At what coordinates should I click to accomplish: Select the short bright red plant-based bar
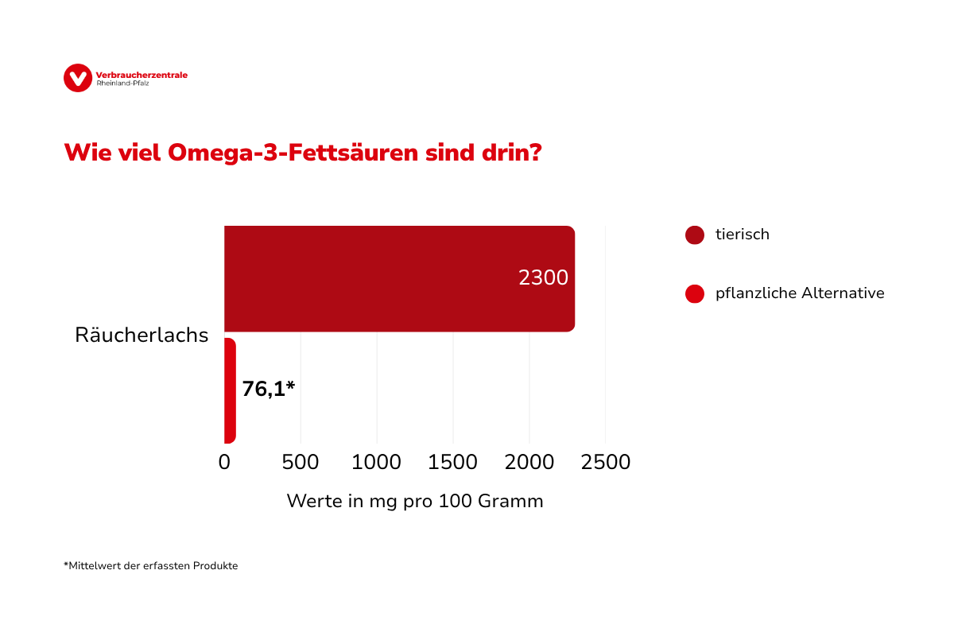coord(230,390)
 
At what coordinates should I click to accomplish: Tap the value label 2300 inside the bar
coord(543,278)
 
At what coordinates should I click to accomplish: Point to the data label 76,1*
coord(269,389)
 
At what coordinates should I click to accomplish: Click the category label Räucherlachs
coord(142,335)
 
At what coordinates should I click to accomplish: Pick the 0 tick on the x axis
coord(224,462)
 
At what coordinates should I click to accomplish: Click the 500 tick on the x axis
coord(301,462)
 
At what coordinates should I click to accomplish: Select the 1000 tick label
coord(377,462)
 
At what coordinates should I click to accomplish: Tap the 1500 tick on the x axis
coord(453,462)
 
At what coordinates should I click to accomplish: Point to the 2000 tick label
coord(529,462)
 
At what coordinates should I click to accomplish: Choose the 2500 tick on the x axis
coord(605,462)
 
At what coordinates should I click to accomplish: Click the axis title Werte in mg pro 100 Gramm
coord(414,502)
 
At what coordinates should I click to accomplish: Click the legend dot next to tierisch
coord(695,235)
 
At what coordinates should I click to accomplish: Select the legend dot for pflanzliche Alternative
coord(695,294)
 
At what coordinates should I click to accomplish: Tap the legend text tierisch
coord(743,235)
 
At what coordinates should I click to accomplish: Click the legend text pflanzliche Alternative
coord(800,293)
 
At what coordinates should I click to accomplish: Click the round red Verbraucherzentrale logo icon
coord(78,78)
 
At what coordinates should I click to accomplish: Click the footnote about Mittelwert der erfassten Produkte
coord(151,566)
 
